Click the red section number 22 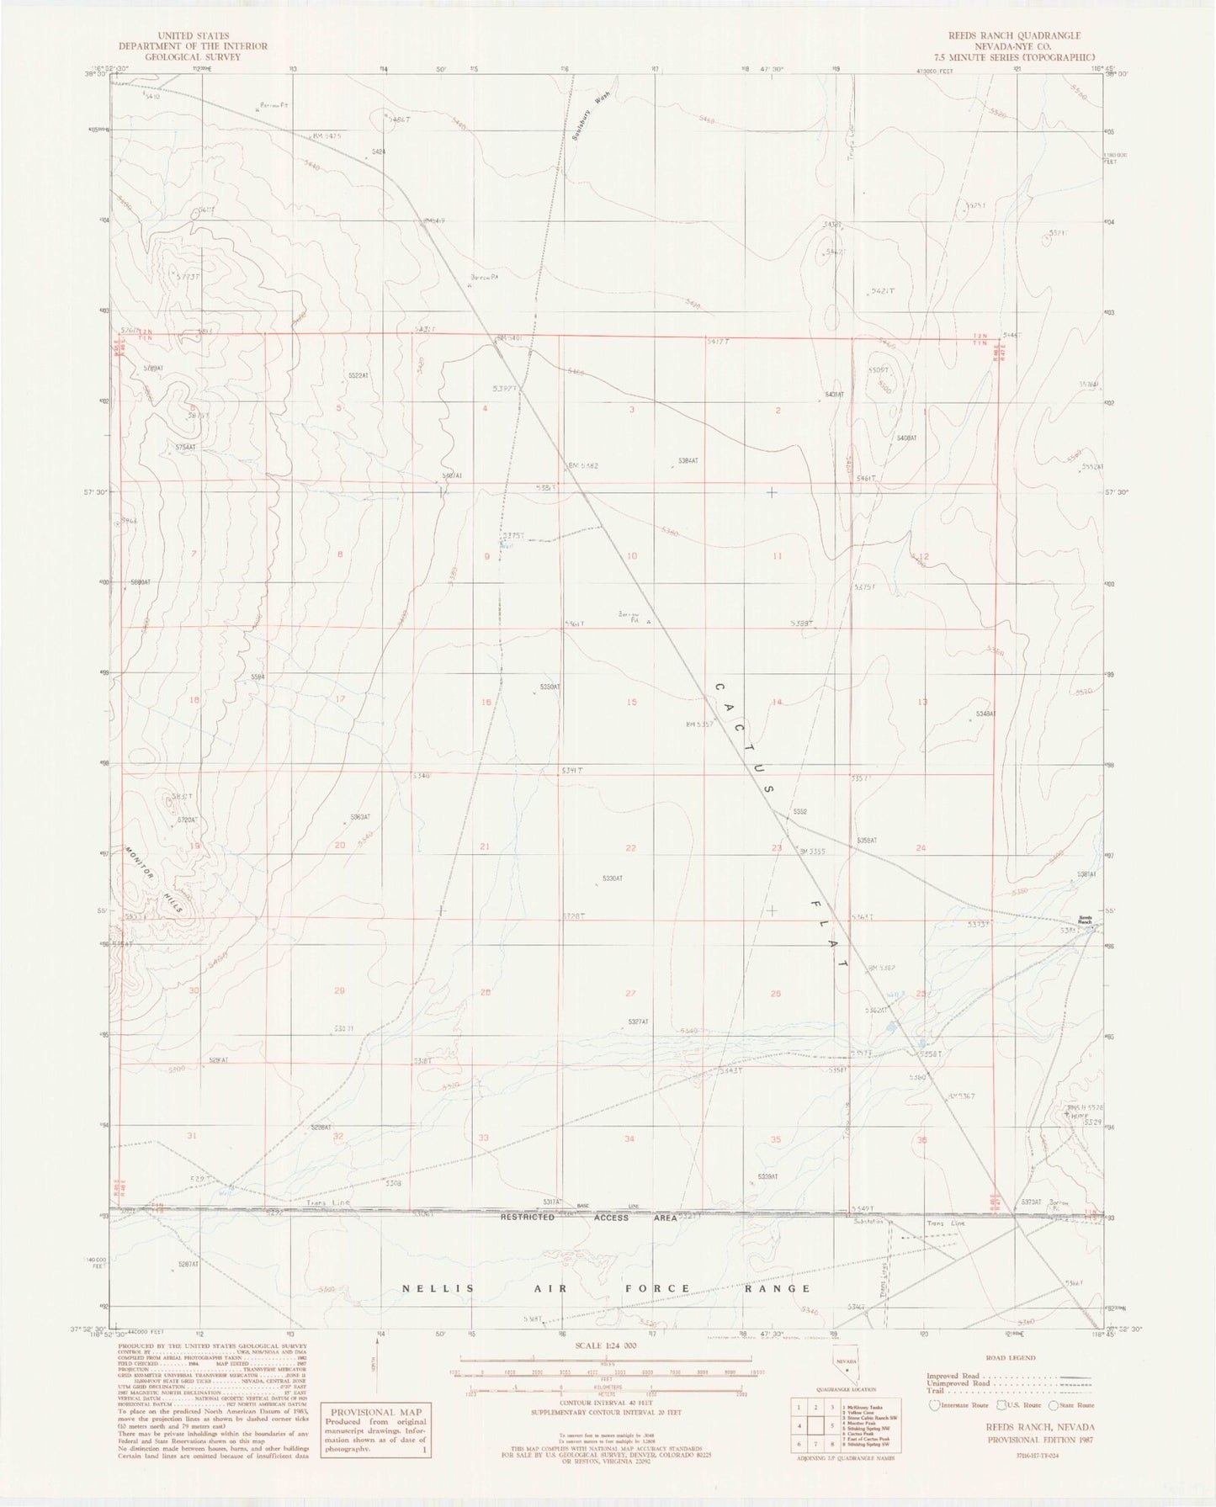630,847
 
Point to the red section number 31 193,1136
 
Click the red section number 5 339,409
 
